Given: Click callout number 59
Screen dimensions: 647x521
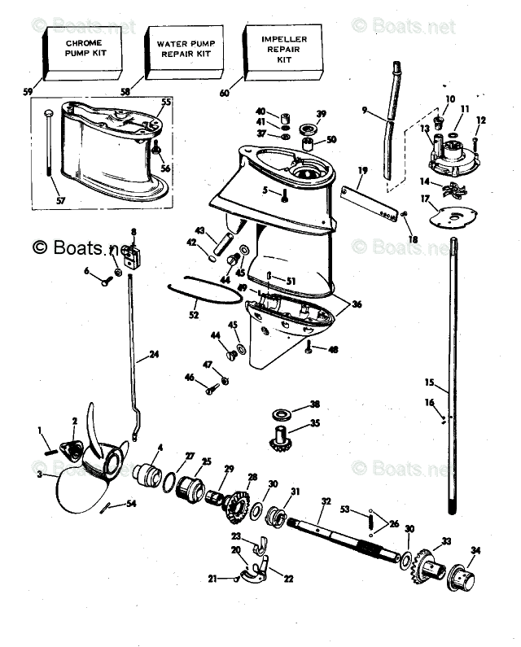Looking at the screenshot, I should (27, 91).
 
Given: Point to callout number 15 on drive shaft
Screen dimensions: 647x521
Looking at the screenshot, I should (429, 382).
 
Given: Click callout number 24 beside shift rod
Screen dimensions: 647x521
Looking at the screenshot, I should (153, 355).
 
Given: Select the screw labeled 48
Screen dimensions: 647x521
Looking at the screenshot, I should (309, 348).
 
